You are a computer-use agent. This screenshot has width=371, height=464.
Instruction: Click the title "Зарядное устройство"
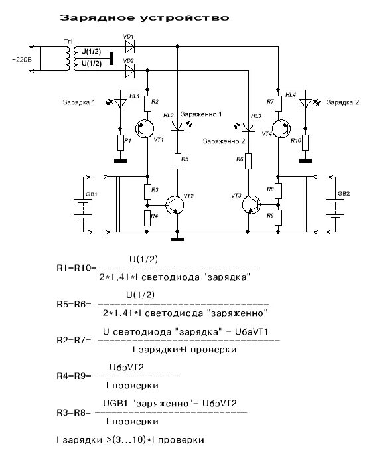[145, 17]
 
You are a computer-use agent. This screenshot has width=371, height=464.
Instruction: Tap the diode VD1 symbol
[130, 46]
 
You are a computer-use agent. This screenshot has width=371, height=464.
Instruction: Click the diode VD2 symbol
[130, 71]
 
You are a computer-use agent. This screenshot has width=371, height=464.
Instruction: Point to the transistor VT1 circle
[145, 129]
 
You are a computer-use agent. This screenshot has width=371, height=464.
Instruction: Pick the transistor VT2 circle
[175, 205]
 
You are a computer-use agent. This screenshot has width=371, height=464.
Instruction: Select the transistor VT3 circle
[252, 204]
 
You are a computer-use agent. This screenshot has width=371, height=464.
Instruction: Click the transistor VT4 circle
[281, 129]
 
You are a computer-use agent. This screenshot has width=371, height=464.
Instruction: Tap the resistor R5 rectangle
[177, 161]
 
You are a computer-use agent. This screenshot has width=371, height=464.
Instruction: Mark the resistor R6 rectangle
[248, 161]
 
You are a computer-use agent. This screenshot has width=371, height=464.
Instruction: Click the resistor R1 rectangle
[120, 143]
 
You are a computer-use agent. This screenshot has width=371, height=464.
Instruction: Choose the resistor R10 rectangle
[305, 143]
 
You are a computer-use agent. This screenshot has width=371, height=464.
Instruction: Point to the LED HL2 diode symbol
[177, 125]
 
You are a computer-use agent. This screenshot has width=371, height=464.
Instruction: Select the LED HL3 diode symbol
[248, 127]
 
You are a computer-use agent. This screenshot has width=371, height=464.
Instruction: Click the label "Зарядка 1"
[79, 102]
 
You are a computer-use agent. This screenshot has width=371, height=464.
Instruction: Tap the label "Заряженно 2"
[224, 141]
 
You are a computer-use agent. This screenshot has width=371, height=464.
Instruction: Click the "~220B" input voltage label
[22, 60]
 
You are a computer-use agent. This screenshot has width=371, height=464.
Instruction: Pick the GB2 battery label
[344, 194]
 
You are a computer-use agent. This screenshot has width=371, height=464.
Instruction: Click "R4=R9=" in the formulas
[74, 376]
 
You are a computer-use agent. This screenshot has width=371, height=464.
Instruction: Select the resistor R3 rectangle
[147, 191]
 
